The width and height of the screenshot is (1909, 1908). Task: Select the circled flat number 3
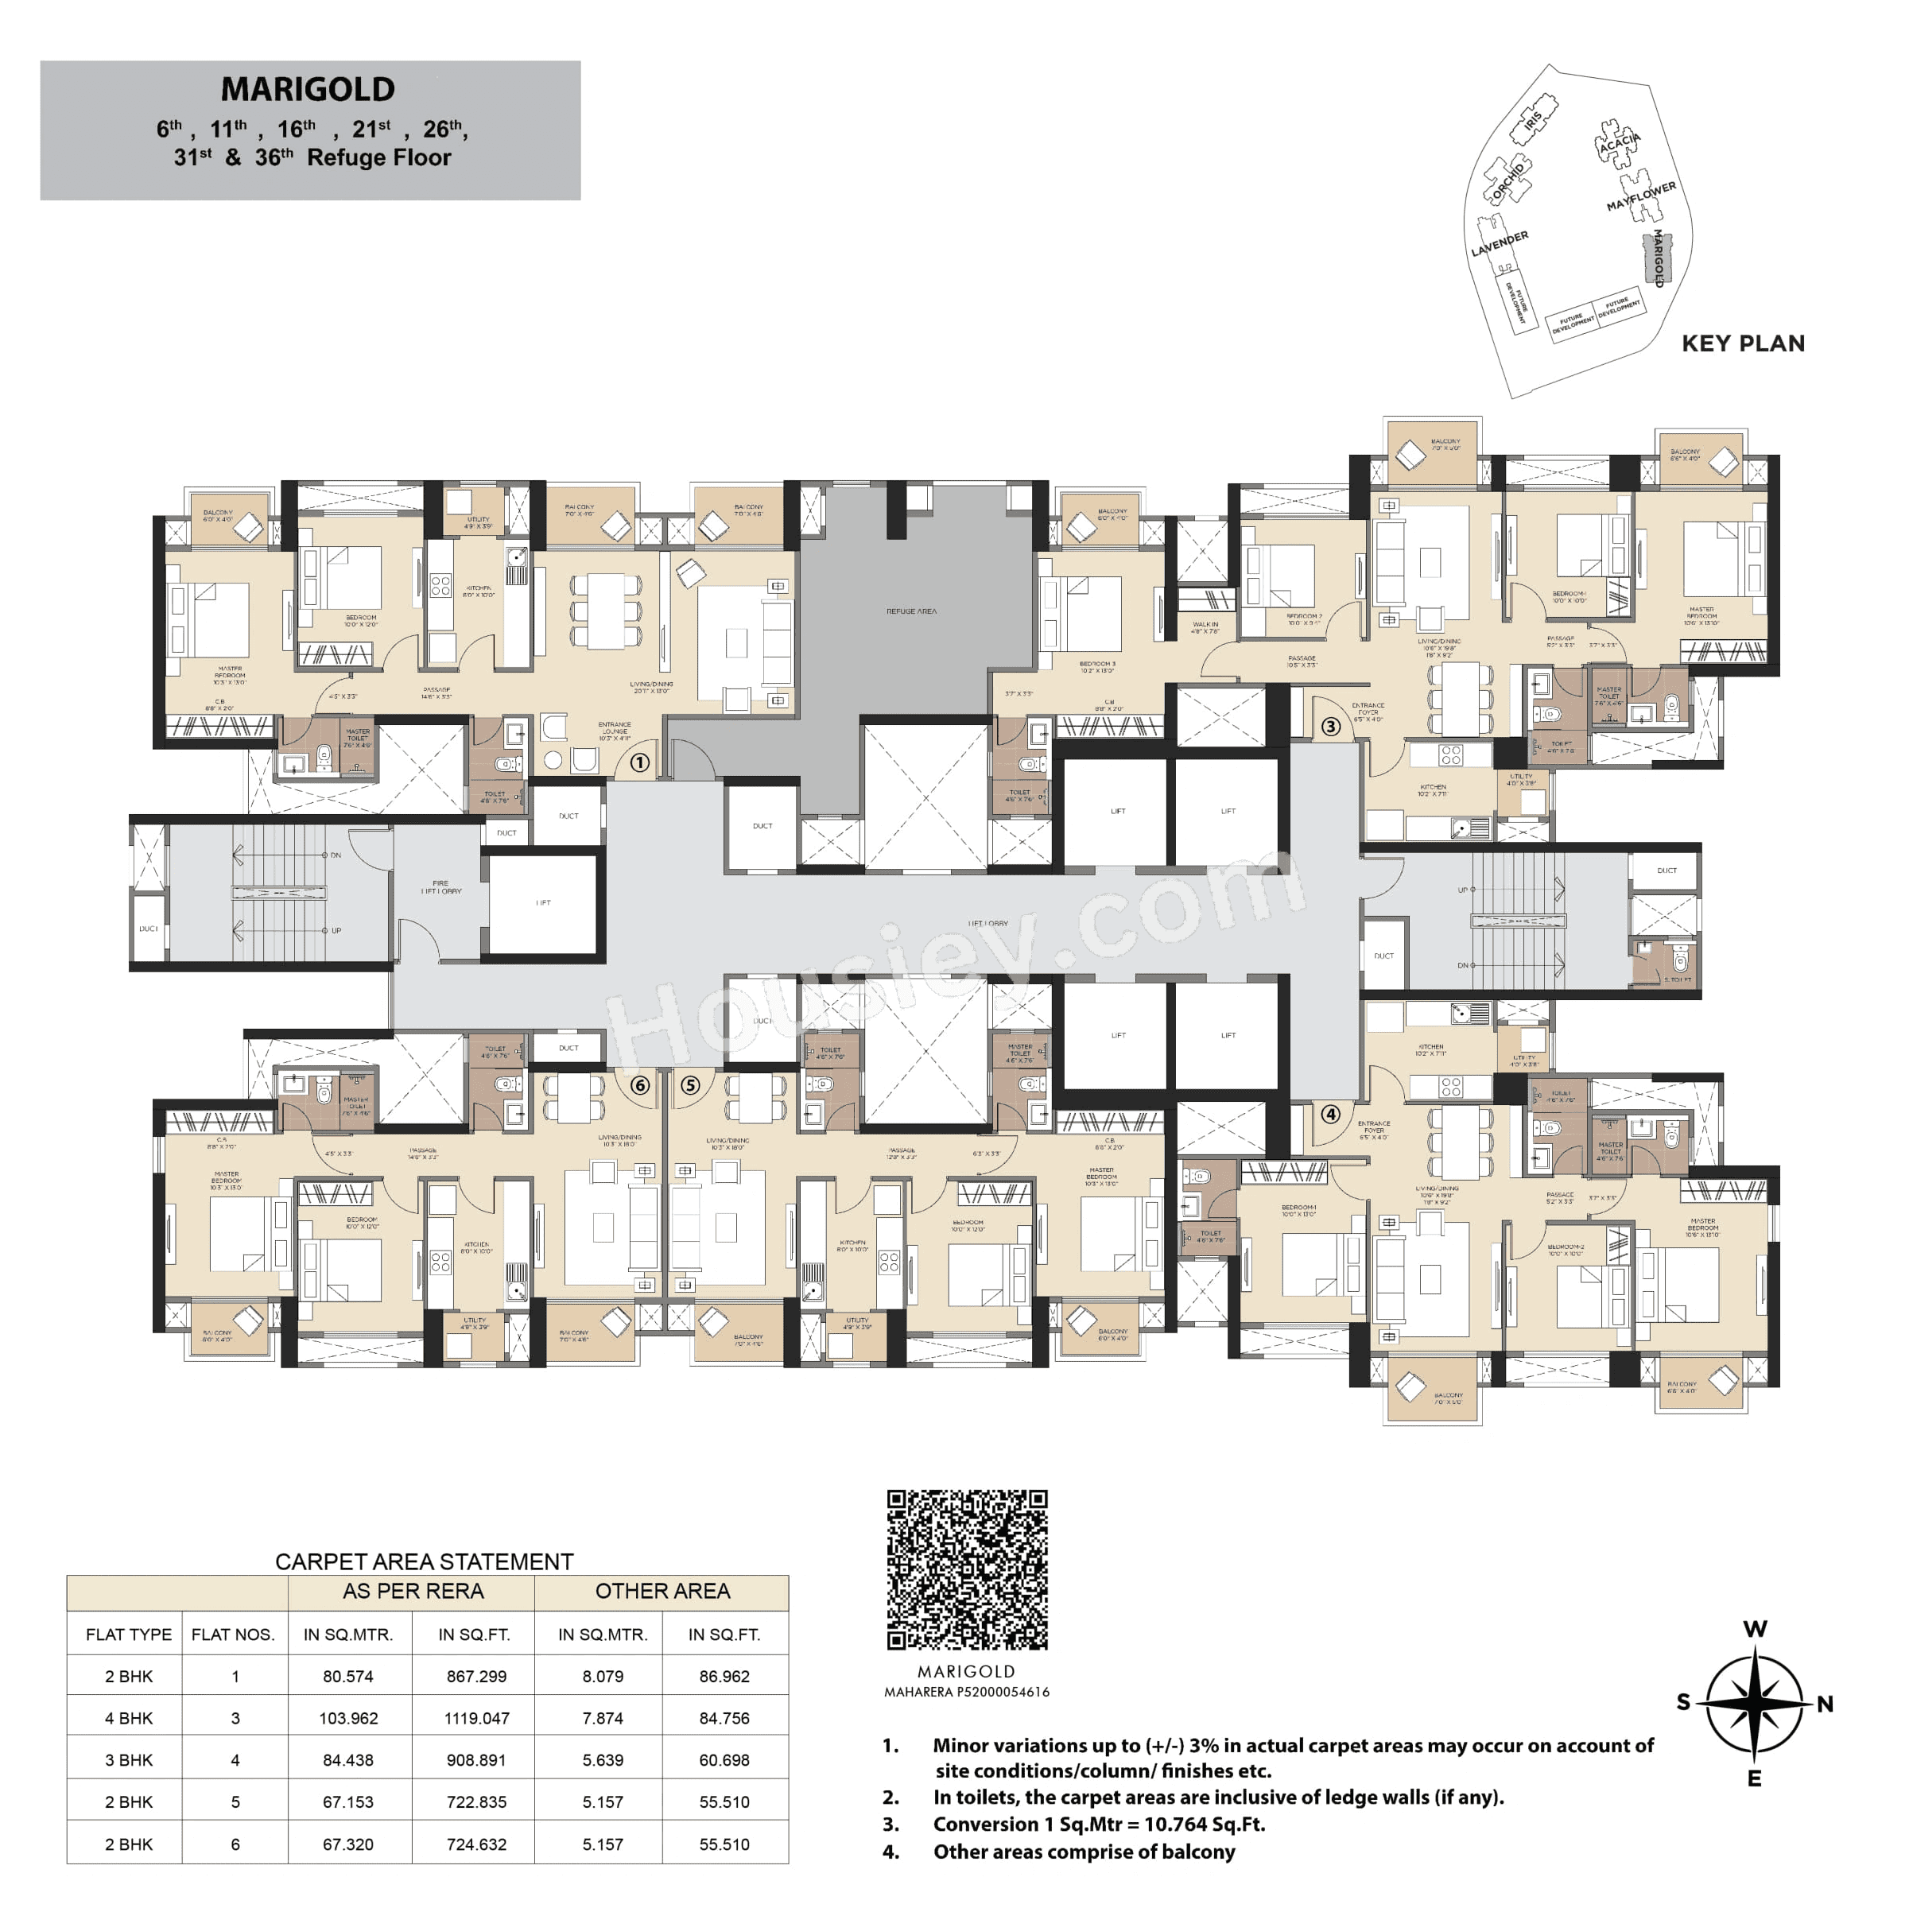(1330, 727)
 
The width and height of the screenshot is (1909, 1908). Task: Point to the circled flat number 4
(1330, 1115)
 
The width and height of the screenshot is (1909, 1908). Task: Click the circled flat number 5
(689, 1085)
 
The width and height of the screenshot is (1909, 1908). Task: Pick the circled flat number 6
(639, 1085)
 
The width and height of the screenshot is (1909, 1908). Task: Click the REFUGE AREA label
(911, 611)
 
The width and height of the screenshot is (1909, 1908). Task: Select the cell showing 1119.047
(476, 1718)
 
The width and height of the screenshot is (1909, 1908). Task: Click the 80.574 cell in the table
(347, 1676)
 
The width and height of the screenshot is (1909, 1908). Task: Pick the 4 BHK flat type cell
(129, 1718)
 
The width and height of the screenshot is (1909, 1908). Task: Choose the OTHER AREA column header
(662, 1591)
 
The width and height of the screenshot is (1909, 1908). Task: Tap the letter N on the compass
(1824, 1704)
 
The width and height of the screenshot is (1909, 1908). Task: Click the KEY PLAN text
(1743, 344)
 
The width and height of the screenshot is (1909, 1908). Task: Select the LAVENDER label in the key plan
(1499, 243)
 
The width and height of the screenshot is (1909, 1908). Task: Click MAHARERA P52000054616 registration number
(966, 1692)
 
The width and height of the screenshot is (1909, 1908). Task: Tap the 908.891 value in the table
(476, 1760)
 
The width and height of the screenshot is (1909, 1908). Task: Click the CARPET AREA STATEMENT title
(424, 1561)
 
